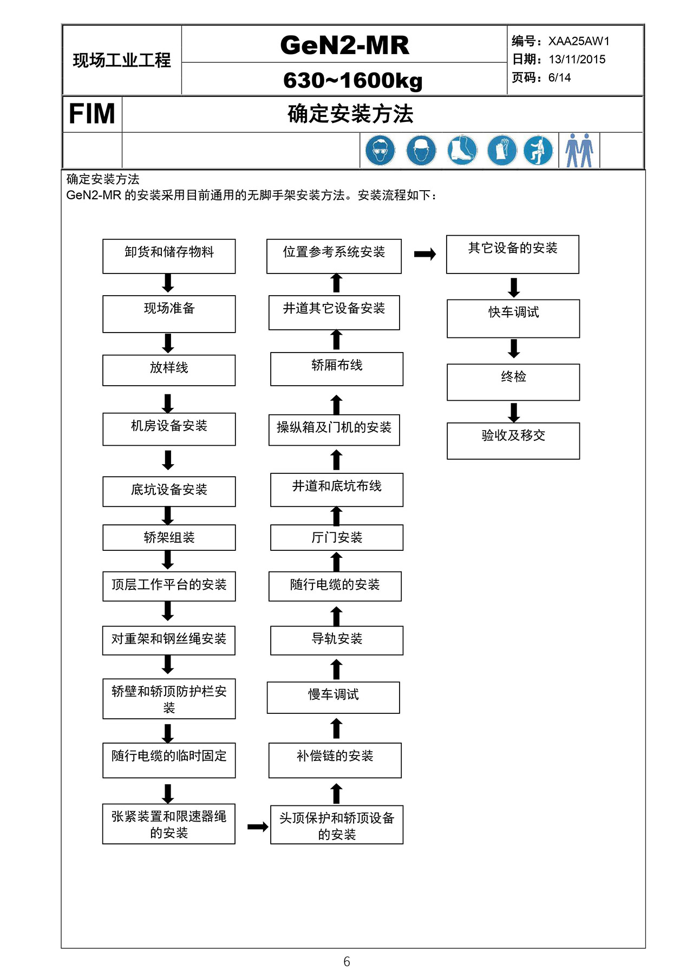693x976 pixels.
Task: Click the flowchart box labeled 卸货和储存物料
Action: [169, 256]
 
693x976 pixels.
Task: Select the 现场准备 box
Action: [169, 314]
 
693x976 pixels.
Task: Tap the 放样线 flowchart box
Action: [169, 370]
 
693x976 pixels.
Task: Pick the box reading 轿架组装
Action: [169, 537]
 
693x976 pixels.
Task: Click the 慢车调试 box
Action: [334, 698]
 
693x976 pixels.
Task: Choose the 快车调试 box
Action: [513, 318]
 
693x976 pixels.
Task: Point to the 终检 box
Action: [513, 382]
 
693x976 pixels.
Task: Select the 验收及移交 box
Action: [513, 441]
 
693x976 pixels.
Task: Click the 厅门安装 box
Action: [337, 537]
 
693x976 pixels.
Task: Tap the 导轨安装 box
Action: [337, 640]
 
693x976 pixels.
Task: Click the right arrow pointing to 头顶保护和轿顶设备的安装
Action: [258, 827]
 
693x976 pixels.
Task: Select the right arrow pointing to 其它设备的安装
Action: [425, 254]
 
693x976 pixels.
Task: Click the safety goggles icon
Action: [380, 150]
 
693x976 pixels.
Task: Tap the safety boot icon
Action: [462, 150]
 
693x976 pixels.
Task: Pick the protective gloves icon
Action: [502, 150]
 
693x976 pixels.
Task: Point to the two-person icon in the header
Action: [579, 150]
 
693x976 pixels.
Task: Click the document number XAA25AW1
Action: [579, 41]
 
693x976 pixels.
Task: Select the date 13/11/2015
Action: [577, 60]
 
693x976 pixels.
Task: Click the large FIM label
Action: [92, 114]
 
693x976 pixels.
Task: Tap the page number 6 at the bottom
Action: [346, 961]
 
